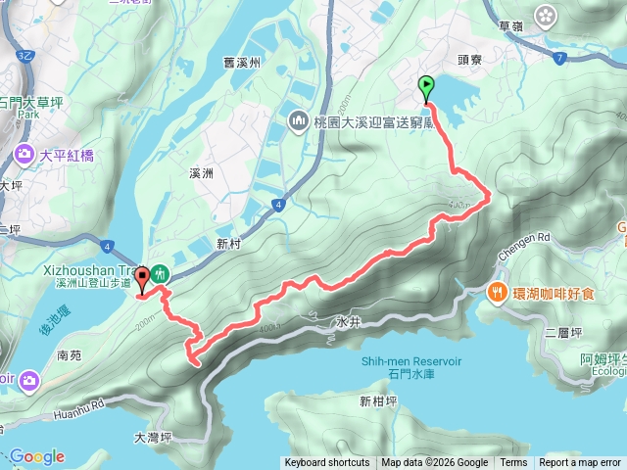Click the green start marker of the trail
point(426,87)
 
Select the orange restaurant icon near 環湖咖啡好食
point(499,291)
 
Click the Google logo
point(36,456)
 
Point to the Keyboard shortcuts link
point(327,463)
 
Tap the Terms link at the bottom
point(513,463)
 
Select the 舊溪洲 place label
point(240,62)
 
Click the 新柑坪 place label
point(377,400)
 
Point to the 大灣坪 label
point(153,438)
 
